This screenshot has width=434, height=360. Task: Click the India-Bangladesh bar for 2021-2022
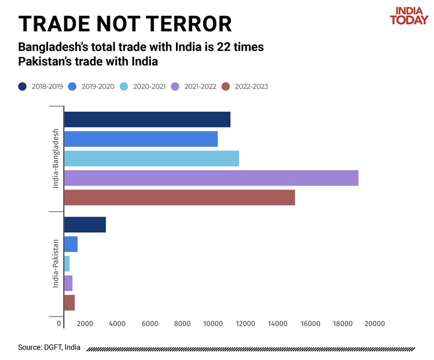(x=211, y=178)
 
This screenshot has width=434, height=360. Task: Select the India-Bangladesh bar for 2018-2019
(x=147, y=119)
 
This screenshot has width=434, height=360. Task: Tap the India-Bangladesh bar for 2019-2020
(x=141, y=139)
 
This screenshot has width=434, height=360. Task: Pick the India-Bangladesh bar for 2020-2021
(x=151, y=159)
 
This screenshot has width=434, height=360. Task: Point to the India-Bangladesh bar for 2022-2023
(x=179, y=197)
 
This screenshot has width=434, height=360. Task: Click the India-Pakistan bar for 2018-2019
(x=85, y=225)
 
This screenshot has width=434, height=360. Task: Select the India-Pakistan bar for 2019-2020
(x=71, y=244)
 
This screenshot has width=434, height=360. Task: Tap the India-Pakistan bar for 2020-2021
(x=67, y=264)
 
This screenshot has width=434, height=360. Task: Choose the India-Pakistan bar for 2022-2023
(x=69, y=303)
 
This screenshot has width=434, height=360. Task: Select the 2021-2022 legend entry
(x=194, y=86)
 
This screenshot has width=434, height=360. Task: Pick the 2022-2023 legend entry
(x=245, y=86)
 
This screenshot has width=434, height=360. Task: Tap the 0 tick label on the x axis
(x=59, y=324)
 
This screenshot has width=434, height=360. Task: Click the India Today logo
(x=409, y=16)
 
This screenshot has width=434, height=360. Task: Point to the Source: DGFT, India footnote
(x=49, y=347)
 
